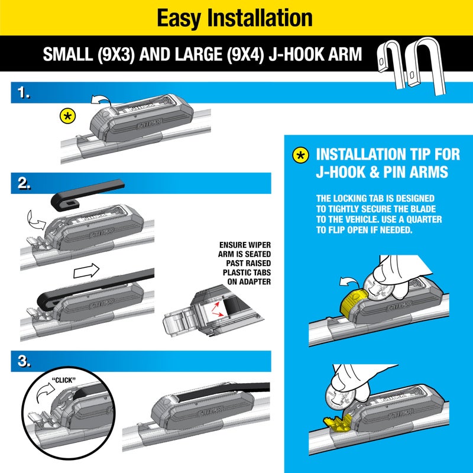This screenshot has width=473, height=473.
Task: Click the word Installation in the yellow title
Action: point(267,18)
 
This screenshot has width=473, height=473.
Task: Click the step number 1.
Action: point(24,93)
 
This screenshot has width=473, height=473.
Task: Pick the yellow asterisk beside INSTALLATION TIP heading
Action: point(301,155)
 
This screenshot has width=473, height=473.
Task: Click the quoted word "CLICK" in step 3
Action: point(63,380)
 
